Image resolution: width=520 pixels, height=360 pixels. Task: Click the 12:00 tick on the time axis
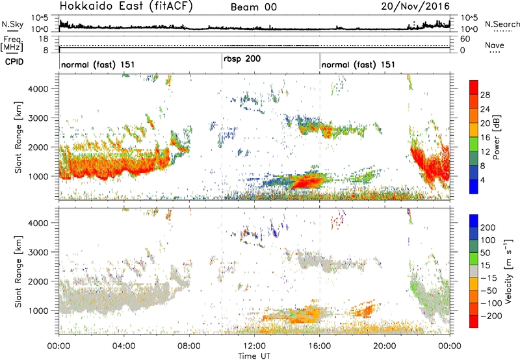253,345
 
